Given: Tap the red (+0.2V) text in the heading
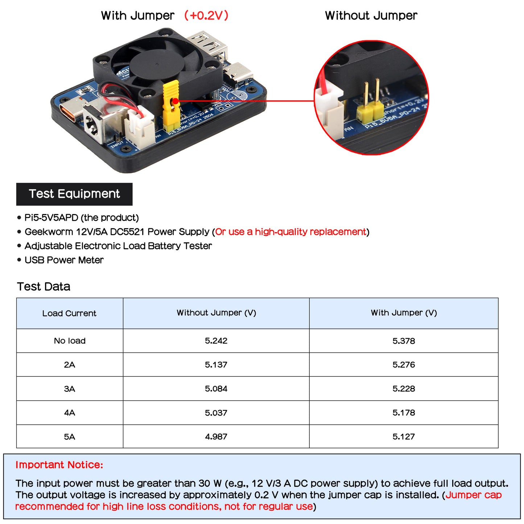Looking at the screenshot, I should coord(206,16).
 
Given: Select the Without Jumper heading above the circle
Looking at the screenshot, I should coord(371,16).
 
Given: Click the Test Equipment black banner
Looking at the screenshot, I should coord(74,194).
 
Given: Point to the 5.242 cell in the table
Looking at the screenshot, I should coord(216,341).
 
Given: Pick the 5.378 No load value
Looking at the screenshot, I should coord(404,341).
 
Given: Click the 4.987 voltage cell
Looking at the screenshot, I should coord(216,437).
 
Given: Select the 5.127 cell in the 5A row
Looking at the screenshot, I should coord(404,437).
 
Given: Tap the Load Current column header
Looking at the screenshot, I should coord(69,313).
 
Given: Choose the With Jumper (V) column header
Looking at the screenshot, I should coord(404,313).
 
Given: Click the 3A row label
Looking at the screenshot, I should coord(69,389).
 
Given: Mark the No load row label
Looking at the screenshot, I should coord(70,341).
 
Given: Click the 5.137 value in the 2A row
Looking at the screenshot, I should coord(216,365).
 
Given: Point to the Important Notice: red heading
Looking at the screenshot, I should coord(59,465).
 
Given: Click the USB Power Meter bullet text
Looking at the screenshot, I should coord(64,260).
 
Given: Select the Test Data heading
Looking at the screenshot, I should coord(44,286).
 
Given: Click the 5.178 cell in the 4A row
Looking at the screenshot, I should coord(404,413).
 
